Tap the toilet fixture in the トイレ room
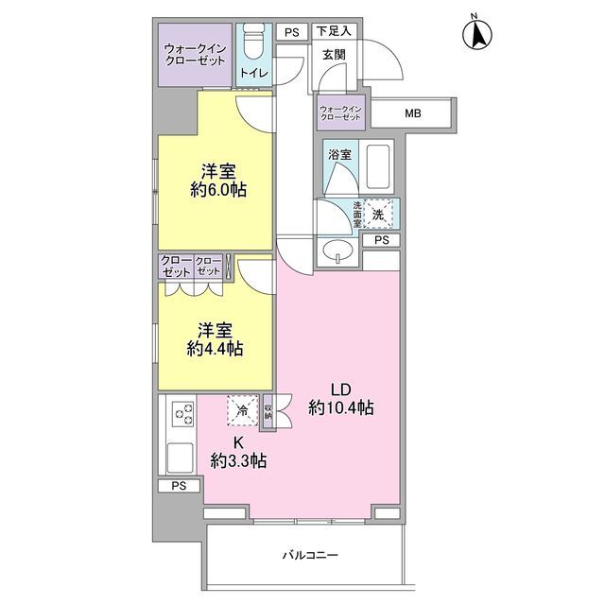point(254,43)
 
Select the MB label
point(413,113)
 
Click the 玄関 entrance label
point(334,55)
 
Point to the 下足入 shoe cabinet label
point(334,31)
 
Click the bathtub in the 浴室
point(378,166)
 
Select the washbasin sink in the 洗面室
point(338,252)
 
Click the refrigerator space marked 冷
point(243,410)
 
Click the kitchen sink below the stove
point(180,458)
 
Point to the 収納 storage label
point(268,411)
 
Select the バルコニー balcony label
point(310,555)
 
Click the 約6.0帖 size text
point(218,190)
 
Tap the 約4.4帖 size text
point(215,349)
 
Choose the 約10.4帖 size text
point(340,407)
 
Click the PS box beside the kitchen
point(179,486)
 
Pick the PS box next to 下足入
point(292,32)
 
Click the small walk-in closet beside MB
point(340,112)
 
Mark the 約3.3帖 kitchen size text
point(238,460)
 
